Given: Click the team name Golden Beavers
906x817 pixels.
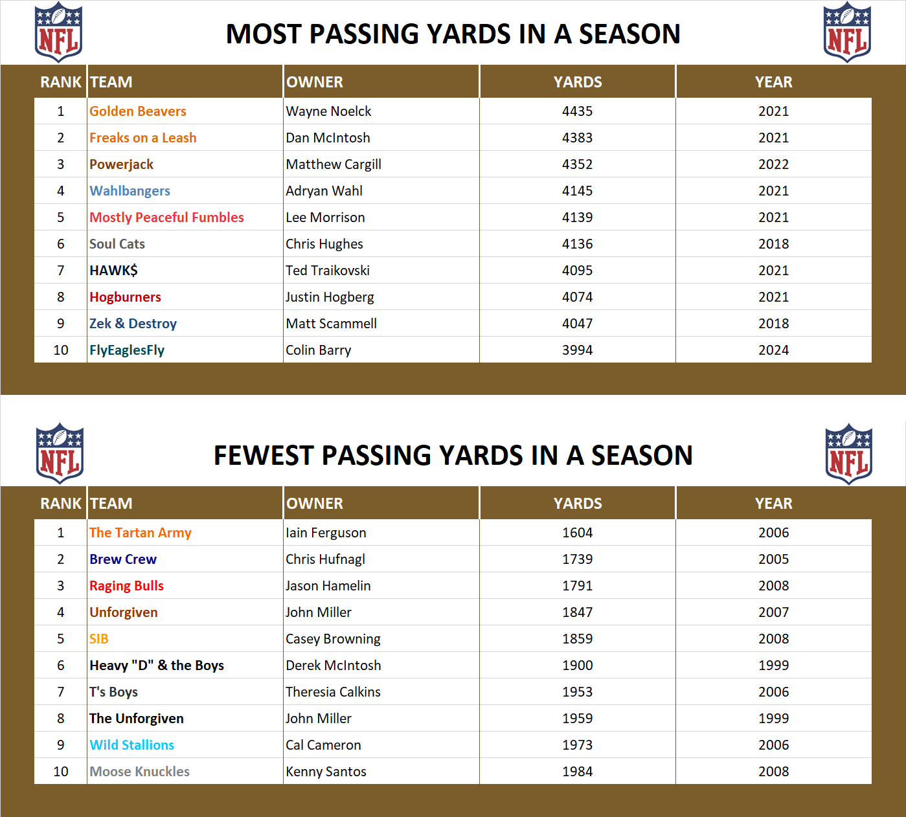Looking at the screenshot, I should click(137, 111).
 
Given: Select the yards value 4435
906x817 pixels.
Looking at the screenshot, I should click(577, 111).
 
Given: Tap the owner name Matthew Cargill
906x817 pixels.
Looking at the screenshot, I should click(333, 164).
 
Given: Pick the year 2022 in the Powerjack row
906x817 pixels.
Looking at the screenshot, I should click(773, 164).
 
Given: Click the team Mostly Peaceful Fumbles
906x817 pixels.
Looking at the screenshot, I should click(166, 218).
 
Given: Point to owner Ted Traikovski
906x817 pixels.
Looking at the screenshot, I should click(328, 271).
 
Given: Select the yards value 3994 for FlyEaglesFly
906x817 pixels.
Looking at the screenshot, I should click(577, 350).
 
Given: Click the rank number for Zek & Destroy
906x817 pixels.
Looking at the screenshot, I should click(61, 324).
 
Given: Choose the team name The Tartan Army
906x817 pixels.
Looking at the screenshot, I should click(140, 533).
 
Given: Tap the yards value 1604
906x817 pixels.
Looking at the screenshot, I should click(577, 533).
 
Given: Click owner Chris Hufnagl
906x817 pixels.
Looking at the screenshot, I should click(325, 559).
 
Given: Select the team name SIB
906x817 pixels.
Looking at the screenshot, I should click(98, 639).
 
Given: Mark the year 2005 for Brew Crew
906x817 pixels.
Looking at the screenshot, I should click(773, 559).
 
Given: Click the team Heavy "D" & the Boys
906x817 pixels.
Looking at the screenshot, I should click(156, 666).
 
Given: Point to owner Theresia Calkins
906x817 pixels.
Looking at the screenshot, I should click(333, 692).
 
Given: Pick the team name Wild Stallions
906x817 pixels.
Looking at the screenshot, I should click(131, 745).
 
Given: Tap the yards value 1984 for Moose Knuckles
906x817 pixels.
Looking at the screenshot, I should click(577, 772).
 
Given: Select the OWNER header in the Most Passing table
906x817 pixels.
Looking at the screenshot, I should click(315, 82).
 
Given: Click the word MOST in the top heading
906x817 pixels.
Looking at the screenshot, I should click(266, 34).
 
